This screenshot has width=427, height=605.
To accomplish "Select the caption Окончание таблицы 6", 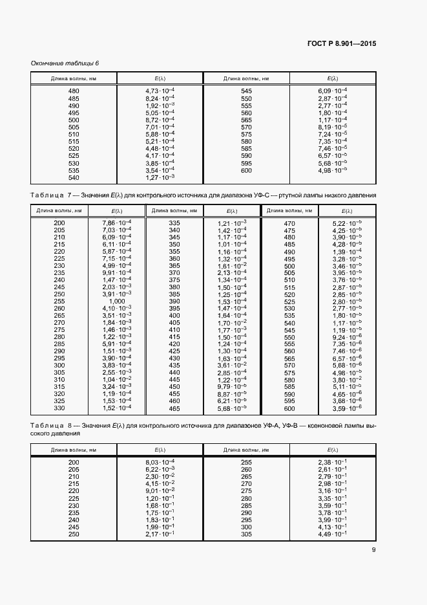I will [x=65, y=63].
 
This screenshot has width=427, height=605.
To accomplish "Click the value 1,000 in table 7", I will [x=117, y=301].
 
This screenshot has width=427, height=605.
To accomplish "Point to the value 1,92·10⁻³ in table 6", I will [x=160, y=105].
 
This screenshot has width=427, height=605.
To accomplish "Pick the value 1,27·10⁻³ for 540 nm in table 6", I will [x=160, y=177].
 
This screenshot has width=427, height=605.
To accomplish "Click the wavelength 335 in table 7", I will [x=174, y=223].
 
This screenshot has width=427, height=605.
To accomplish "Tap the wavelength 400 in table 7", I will [x=174, y=315].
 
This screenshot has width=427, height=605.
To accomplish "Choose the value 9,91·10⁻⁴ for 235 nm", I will [x=117, y=272].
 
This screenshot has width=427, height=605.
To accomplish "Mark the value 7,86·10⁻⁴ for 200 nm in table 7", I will [x=117, y=223].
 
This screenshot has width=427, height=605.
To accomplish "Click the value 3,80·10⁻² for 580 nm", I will [x=348, y=379].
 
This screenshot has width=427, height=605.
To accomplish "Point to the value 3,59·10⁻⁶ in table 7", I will [x=348, y=408].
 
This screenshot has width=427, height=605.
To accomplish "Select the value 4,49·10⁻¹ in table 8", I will [x=332, y=534].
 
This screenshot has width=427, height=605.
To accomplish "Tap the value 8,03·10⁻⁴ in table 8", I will [x=160, y=462].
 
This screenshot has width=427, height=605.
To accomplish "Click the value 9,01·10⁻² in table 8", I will [x=160, y=491].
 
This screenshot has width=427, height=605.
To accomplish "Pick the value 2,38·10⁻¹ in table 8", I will [x=332, y=462].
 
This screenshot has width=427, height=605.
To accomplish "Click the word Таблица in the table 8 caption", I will [x=46, y=425].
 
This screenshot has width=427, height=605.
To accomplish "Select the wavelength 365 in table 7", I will [x=174, y=265].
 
